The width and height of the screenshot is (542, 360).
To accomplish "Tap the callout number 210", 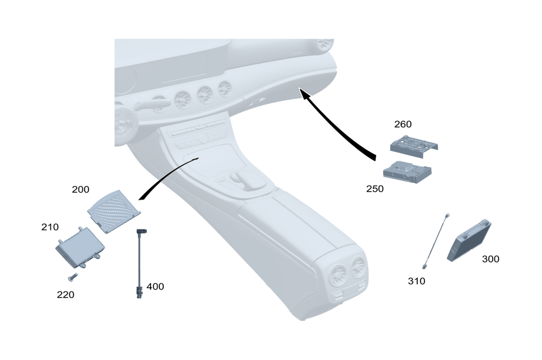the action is point(50,227).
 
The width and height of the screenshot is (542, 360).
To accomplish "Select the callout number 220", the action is point(66,295).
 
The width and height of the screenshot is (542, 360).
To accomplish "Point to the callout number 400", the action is point(155,286).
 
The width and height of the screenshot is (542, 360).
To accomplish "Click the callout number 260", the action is point(403,124).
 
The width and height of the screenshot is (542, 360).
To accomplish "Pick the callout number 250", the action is point(375,189).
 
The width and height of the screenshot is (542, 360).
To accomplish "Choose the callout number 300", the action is point(491,259).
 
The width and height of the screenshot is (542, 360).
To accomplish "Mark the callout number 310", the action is point(417,281).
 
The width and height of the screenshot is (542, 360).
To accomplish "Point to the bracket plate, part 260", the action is point(413,146).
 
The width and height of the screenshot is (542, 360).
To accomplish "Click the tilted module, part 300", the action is point(469,241).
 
